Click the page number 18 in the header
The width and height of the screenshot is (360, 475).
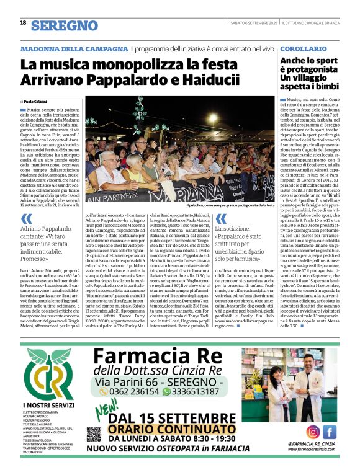pyautogui.click(x=23, y=23)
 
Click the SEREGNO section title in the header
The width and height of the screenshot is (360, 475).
pyautogui.click(x=65, y=25)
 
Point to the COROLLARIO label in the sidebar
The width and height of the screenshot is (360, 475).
pyautogui.click(x=304, y=48)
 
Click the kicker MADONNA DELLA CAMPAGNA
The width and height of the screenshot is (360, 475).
pyautogui.click(x=74, y=48)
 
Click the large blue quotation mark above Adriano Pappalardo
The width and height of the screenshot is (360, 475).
pyautogui.click(x=26, y=219)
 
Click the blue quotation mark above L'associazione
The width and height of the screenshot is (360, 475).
pyautogui.click(x=220, y=219)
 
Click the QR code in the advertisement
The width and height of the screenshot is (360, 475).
pyautogui.click(x=94, y=434)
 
